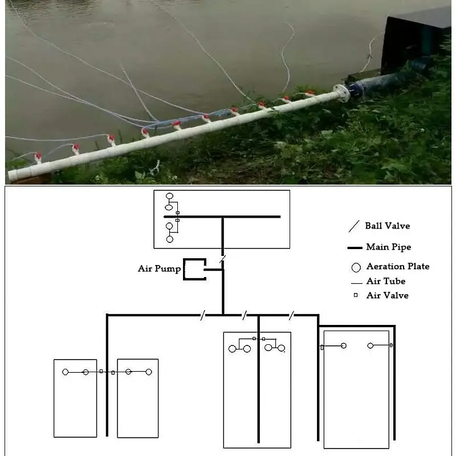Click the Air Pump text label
tap(159, 268)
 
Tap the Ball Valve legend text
tap(388, 226)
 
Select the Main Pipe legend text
tap(388, 247)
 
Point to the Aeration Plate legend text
tap(398, 266)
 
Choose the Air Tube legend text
tap(386, 281)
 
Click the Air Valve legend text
tap(387, 295)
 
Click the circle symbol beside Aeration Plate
tap(356, 267)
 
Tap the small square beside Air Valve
tap(355, 295)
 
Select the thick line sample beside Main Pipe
tap(355, 247)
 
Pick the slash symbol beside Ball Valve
tap(355, 226)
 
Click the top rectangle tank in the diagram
tap(222, 219)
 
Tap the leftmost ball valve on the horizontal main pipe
tap(202, 314)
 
